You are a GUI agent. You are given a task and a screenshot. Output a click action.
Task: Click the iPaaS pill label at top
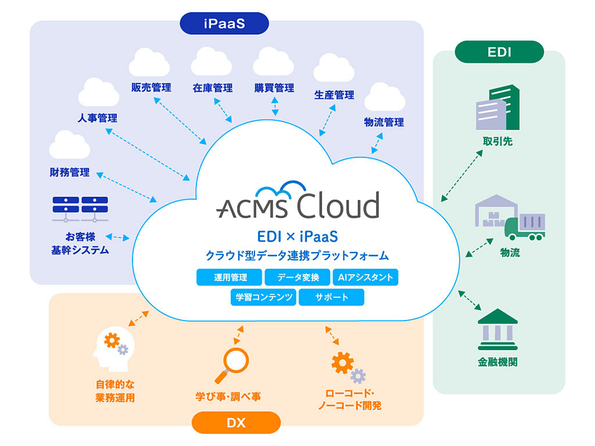(224, 24)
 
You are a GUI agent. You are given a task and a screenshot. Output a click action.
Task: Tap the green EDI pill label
(499, 52)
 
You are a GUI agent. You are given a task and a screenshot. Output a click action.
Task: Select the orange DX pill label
(236, 423)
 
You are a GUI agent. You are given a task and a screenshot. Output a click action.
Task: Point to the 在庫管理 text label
(213, 88)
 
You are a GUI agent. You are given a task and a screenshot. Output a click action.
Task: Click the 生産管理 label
(334, 95)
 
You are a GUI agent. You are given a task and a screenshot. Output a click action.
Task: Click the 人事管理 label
(98, 118)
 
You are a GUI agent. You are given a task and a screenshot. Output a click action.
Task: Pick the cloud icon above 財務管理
(70, 145)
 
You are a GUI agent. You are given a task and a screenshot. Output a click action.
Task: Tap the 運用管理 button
(229, 278)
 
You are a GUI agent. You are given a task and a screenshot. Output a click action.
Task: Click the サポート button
(331, 297)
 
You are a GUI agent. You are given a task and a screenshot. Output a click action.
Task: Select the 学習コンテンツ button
(263, 297)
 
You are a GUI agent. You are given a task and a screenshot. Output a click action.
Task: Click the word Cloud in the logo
(338, 206)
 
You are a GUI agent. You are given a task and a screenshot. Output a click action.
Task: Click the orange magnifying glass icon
(231, 365)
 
